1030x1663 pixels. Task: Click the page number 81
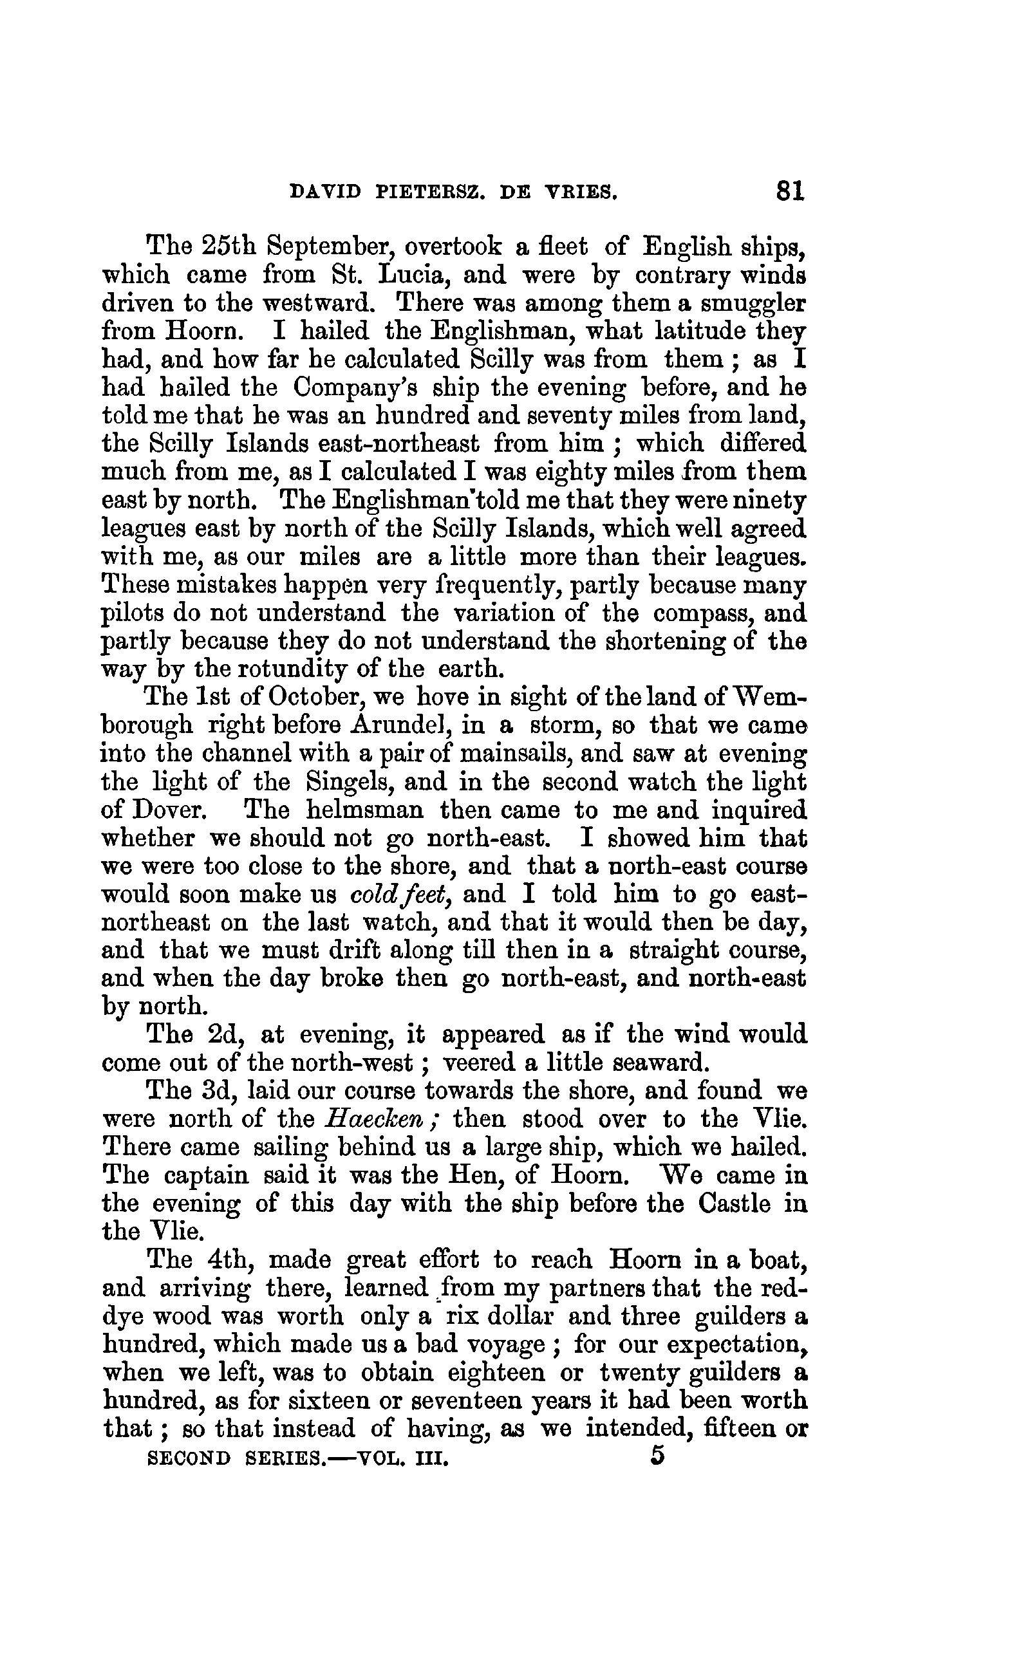click(789, 190)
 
